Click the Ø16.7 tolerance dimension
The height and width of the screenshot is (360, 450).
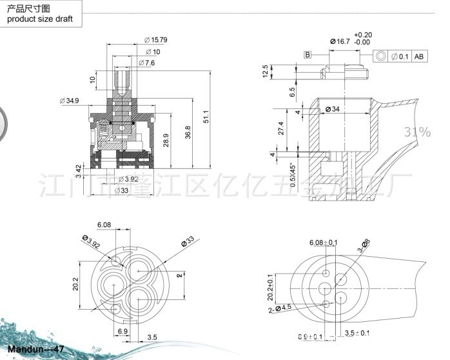340,41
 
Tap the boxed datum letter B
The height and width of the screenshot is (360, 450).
308,55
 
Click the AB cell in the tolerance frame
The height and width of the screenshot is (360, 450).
420,57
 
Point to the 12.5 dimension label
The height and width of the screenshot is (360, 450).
265,70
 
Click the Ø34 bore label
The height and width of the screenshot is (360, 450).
332,109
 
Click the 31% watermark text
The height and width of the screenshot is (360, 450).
417,132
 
